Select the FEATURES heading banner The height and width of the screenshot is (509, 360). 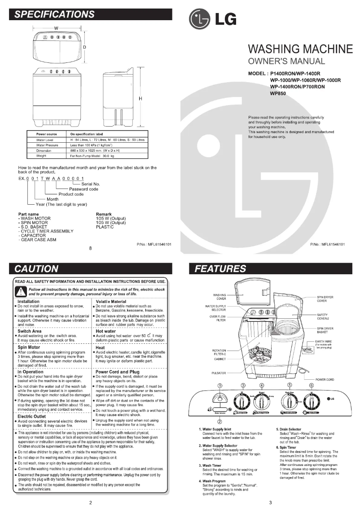tap(269, 269)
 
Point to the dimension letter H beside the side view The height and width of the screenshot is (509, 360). tap(140, 98)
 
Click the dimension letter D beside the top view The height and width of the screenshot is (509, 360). tap(84, 47)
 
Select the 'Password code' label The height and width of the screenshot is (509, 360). tap(83, 189)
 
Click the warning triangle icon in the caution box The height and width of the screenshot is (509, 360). tap(20, 291)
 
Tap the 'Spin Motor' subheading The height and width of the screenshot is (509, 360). tap(29, 347)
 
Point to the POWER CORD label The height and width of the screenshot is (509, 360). tap(325, 380)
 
